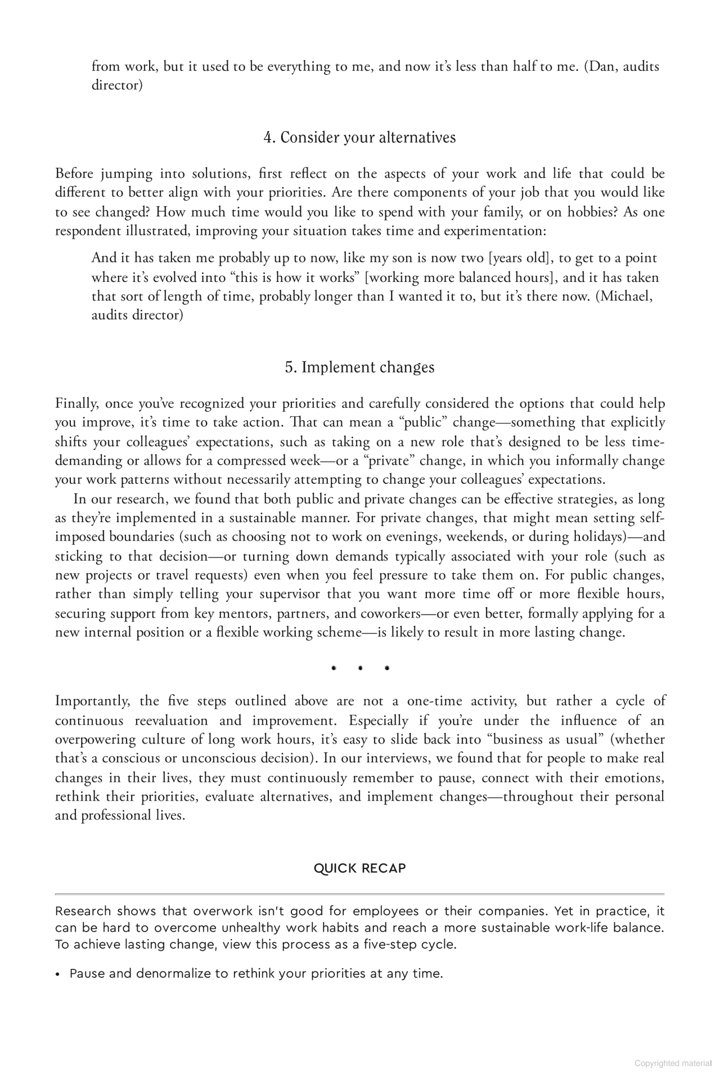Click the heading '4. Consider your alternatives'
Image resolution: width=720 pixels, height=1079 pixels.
click(x=359, y=137)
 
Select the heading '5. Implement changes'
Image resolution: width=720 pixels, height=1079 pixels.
click(x=359, y=367)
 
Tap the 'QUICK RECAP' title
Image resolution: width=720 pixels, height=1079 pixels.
click(x=359, y=868)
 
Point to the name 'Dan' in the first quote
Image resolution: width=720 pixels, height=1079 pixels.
click(x=602, y=66)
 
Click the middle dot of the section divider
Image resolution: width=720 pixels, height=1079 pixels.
click(x=360, y=668)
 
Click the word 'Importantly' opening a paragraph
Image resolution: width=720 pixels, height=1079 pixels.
click(x=92, y=701)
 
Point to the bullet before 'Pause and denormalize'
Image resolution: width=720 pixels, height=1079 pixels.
click(x=58, y=974)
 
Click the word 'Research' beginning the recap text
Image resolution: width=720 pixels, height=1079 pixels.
click(x=83, y=911)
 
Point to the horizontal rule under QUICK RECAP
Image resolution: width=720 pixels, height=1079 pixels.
click(x=359, y=894)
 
